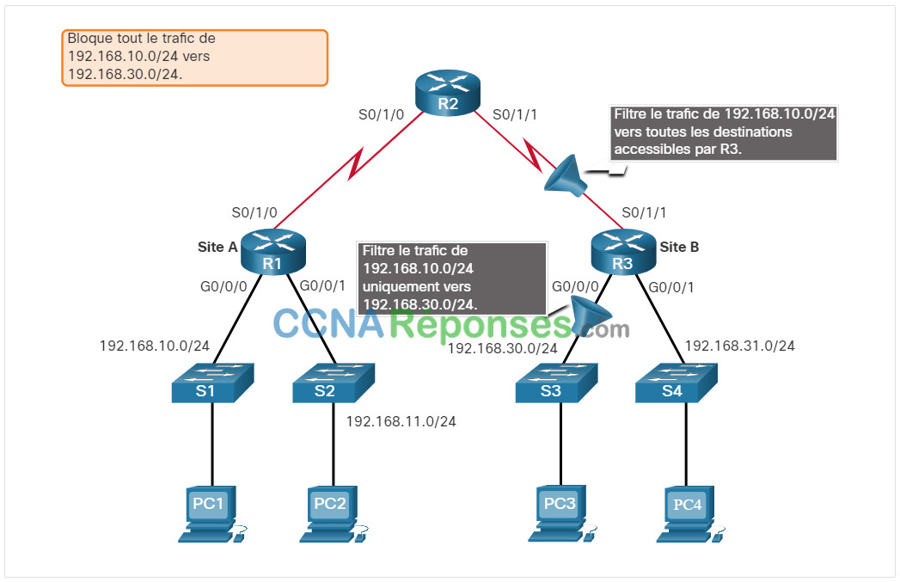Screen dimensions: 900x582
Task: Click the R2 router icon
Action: pos(448,92)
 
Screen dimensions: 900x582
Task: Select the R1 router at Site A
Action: pos(273,251)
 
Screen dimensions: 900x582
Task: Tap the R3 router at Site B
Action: pos(623,251)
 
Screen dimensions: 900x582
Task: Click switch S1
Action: pos(212,383)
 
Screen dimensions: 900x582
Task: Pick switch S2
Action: pos(334,383)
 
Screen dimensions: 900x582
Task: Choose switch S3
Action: pos(556,383)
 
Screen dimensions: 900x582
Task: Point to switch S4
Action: pos(677,383)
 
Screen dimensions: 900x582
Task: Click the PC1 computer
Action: pos(211,514)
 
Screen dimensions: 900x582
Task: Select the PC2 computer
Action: pos(334,514)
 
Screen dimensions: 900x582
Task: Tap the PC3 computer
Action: pos(562,514)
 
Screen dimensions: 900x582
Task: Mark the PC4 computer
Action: pos(690,515)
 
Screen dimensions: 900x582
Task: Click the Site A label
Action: pos(217,247)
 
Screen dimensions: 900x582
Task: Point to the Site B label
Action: pos(679,247)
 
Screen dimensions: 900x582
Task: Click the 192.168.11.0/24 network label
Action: pos(401,421)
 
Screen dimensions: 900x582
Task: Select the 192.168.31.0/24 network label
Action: pos(740,346)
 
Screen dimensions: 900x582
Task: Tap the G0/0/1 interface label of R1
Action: pos(322,285)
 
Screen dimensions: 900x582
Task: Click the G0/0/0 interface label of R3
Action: pos(575,285)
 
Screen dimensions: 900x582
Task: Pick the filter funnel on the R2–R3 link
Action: pos(566,175)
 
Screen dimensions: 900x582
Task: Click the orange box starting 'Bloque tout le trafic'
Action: pos(194,58)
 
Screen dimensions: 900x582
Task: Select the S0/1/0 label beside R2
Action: pos(381,115)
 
